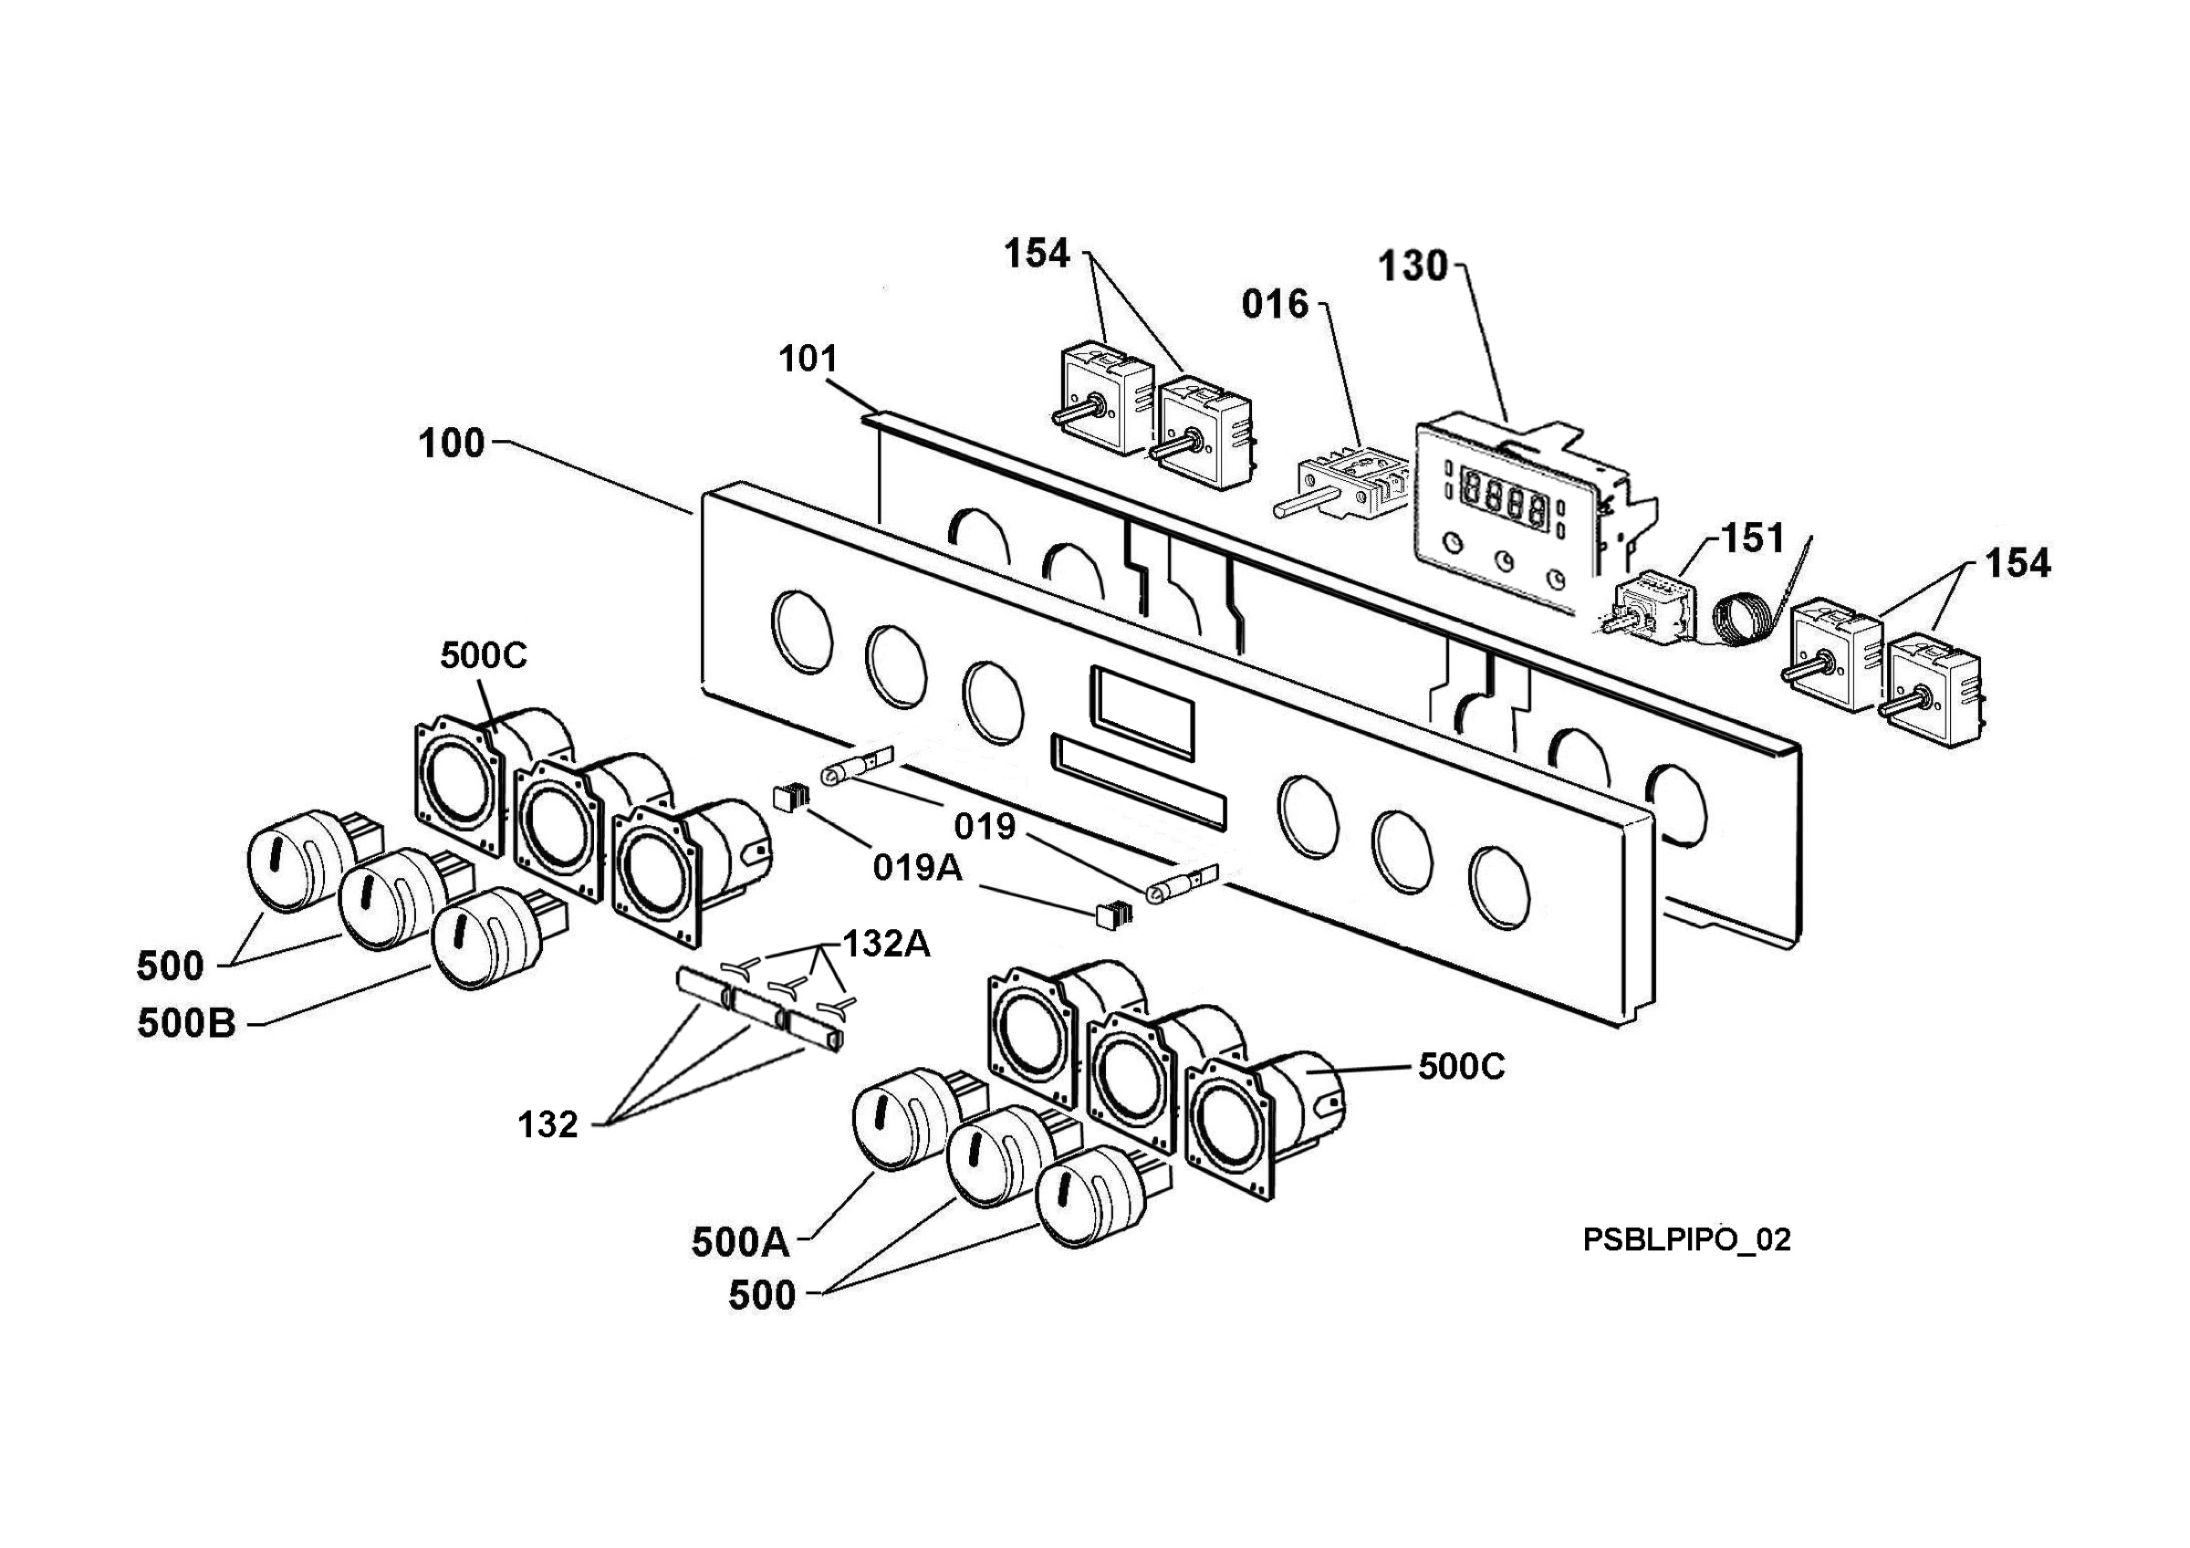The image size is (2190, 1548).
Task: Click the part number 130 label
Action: pyautogui.click(x=1413, y=267)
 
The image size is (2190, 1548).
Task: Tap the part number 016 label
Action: pyautogui.click(x=1276, y=304)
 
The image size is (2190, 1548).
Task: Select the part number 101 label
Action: pyautogui.click(x=808, y=360)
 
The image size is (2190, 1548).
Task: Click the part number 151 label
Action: pyautogui.click(x=1753, y=539)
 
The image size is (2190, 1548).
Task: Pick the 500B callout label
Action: pyautogui.click(x=186, y=1023)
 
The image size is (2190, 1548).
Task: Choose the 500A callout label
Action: pyautogui.click(x=740, y=1242)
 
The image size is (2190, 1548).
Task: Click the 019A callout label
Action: pyautogui.click(x=918, y=868)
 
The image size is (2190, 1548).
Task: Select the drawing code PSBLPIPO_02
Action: pyautogui.click(x=1686, y=1239)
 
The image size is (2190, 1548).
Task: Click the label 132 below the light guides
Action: pyautogui.click(x=547, y=1124)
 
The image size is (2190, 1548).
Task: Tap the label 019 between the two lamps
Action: pyautogui.click(x=985, y=826)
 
